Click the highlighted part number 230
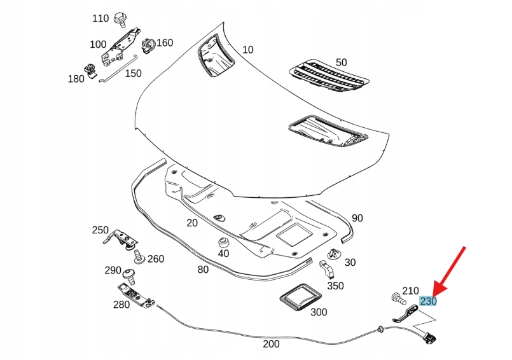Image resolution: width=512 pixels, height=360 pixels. pyautogui.click(x=427, y=301)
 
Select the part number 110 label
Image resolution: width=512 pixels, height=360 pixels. pyautogui.click(x=100, y=18)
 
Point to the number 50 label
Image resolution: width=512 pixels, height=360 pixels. pyautogui.click(x=342, y=62)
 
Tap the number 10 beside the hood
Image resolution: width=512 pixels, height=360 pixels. pyautogui.click(x=247, y=50)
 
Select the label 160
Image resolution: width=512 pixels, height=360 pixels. pyautogui.click(x=165, y=43)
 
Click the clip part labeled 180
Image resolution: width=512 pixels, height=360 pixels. pyautogui.click(x=90, y=71)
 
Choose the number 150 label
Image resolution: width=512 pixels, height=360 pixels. pyautogui.click(x=133, y=73)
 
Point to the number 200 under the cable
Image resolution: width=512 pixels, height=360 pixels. pyautogui.click(x=271, y=344)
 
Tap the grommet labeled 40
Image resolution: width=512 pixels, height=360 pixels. pyautogui.click(x=223, y=242)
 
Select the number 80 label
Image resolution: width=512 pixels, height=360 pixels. pyautogui.click(x=203, y=269)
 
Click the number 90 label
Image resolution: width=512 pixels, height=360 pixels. pyautogui.click(x=357, y=218)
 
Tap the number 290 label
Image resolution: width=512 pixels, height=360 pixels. pyautogui.click(x=113, y=270)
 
